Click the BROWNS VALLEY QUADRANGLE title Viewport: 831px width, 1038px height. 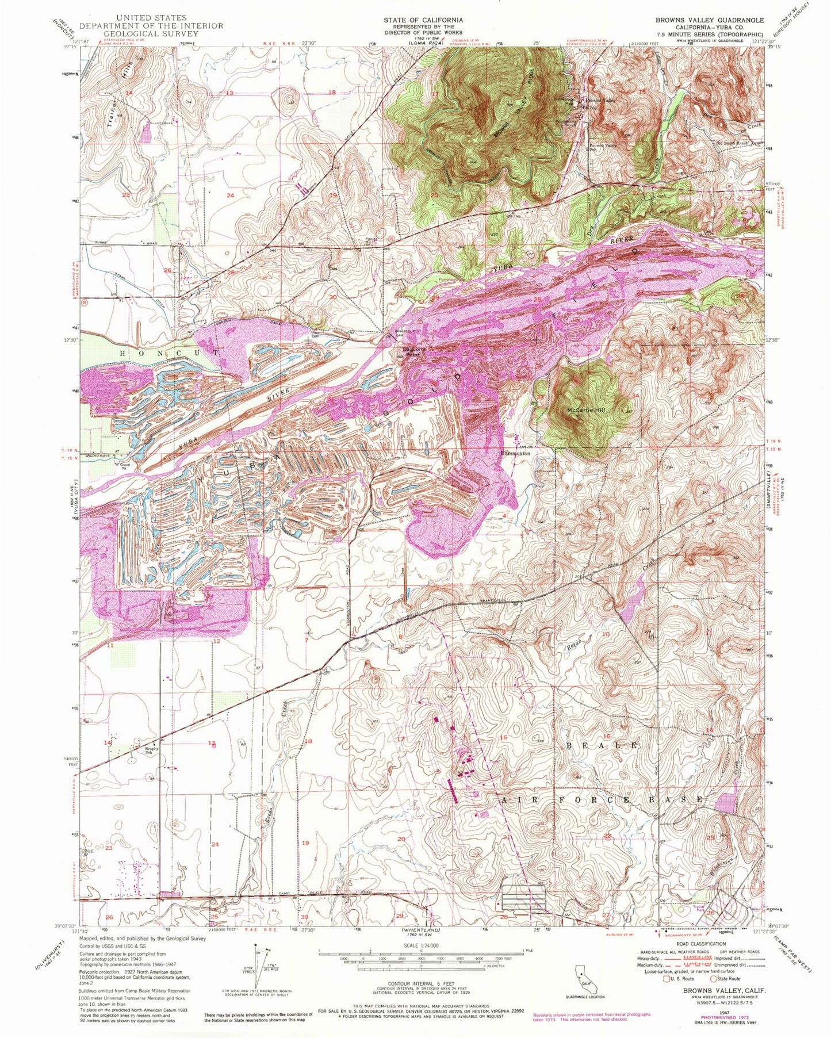click(710, 20)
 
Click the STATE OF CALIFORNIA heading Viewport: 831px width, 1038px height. click(423, 20)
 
